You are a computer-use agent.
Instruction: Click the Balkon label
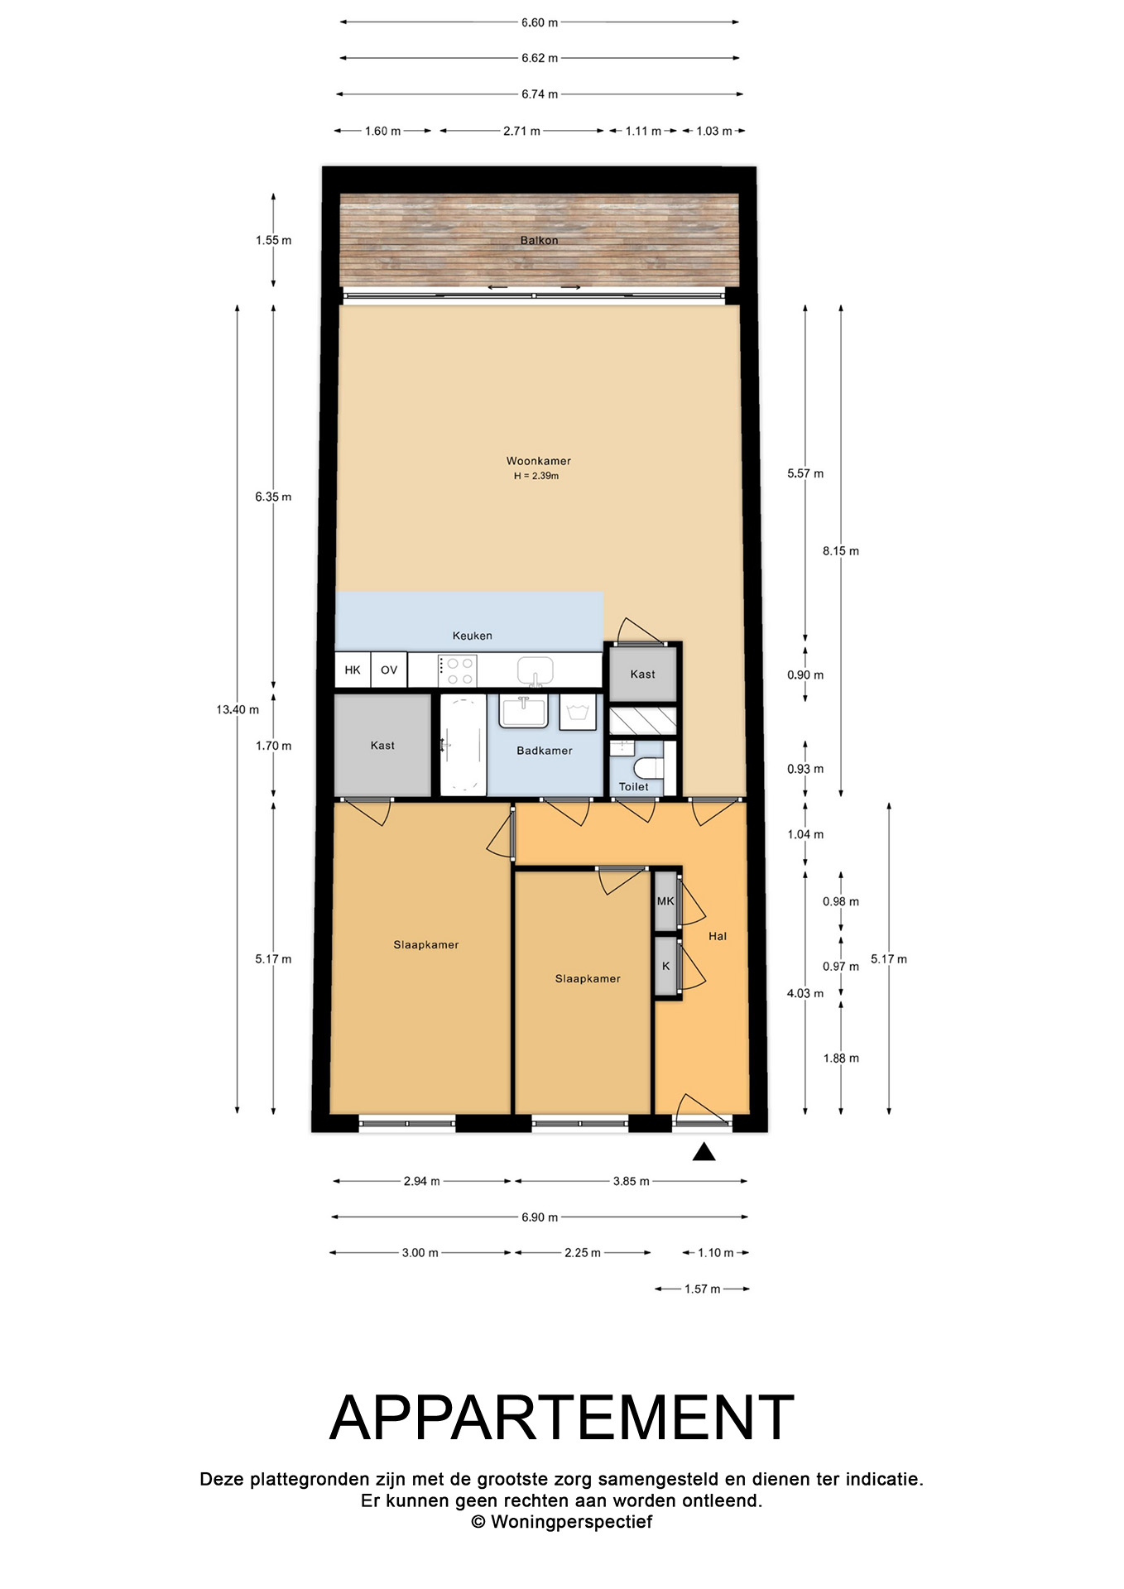pyautogui.click(x=539, y=240)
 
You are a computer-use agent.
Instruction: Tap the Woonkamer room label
pyautogui.click(x=539, y=461)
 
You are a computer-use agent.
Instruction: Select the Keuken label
pyautogui.click(x=472, y=636)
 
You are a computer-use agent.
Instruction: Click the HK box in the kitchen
pyautogui.click(x=353, y=670)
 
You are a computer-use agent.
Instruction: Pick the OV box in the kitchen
pyautogui.click(x=389, y=670)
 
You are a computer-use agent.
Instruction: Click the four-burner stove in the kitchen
pyautogui.click(x=457, y=670)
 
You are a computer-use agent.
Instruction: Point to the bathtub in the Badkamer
pyautogui.click(x=463, y=745)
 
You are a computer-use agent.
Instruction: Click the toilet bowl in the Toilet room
pyautogui.click(x=648, y=766)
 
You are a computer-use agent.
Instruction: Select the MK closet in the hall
pyautogui.click(x=665, y=900)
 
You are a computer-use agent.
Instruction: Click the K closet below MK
pyautogui.click(x=665, y=966)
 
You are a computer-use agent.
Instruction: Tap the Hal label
pyautogui.click(x=718, y=936)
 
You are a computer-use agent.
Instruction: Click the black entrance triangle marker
pyautogui.click(x=704, y=1152)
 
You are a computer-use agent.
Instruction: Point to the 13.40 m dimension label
pyautogui.click(x=238, y=709)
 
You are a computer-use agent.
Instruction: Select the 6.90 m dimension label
pyautogui.click(x=540, y=1217)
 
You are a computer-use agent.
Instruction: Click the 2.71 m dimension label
pyautogui.click(x=521, y=131)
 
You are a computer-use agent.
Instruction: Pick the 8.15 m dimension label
pyautogui.click(x=841, y=550)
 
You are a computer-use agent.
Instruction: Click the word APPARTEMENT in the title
pyautogui.click(x=562, y=1418)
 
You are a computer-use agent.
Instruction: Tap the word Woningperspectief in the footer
pyautogui.click(x=571, y=1521)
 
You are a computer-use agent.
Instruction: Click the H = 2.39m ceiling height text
pyautogui.click(x=536, y=476)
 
